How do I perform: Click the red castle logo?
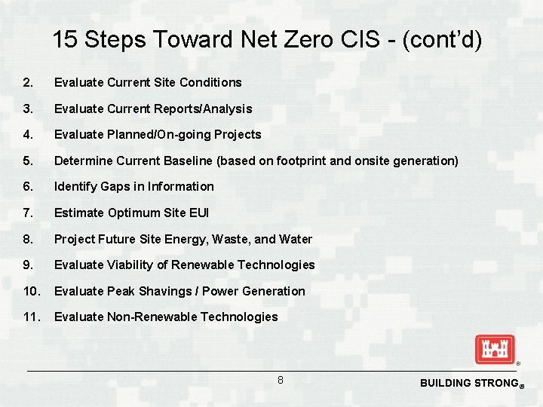(494, 350)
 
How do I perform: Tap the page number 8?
(280, 381)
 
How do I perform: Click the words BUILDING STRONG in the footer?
(468, 383)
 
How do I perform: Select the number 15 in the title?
(65, 40)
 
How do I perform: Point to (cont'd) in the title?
(441, 40)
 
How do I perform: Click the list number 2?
(28, 82)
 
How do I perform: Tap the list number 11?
(32, 317)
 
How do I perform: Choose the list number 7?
(28, 213)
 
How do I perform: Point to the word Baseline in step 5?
(190, 161)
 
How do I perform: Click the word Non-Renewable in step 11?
(145, 317)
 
